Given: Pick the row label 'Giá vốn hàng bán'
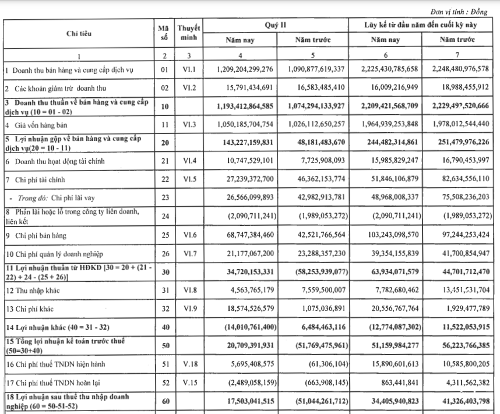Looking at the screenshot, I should (38, 125).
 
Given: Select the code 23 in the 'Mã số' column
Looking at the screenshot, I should (164, 197).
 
